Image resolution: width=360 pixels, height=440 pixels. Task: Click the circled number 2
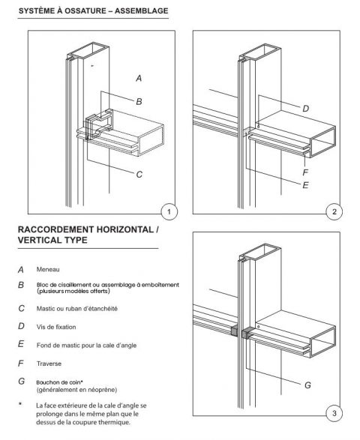click(334, 212)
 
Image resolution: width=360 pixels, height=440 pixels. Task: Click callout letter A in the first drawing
click(139, 78)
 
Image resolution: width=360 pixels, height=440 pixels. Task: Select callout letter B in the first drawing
click(139, 100)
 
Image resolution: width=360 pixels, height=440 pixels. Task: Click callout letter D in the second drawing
click(305, 109)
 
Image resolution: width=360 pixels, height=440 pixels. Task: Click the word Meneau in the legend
click(48, 268)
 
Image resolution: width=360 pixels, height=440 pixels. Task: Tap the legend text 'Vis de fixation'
click(57, 326)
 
